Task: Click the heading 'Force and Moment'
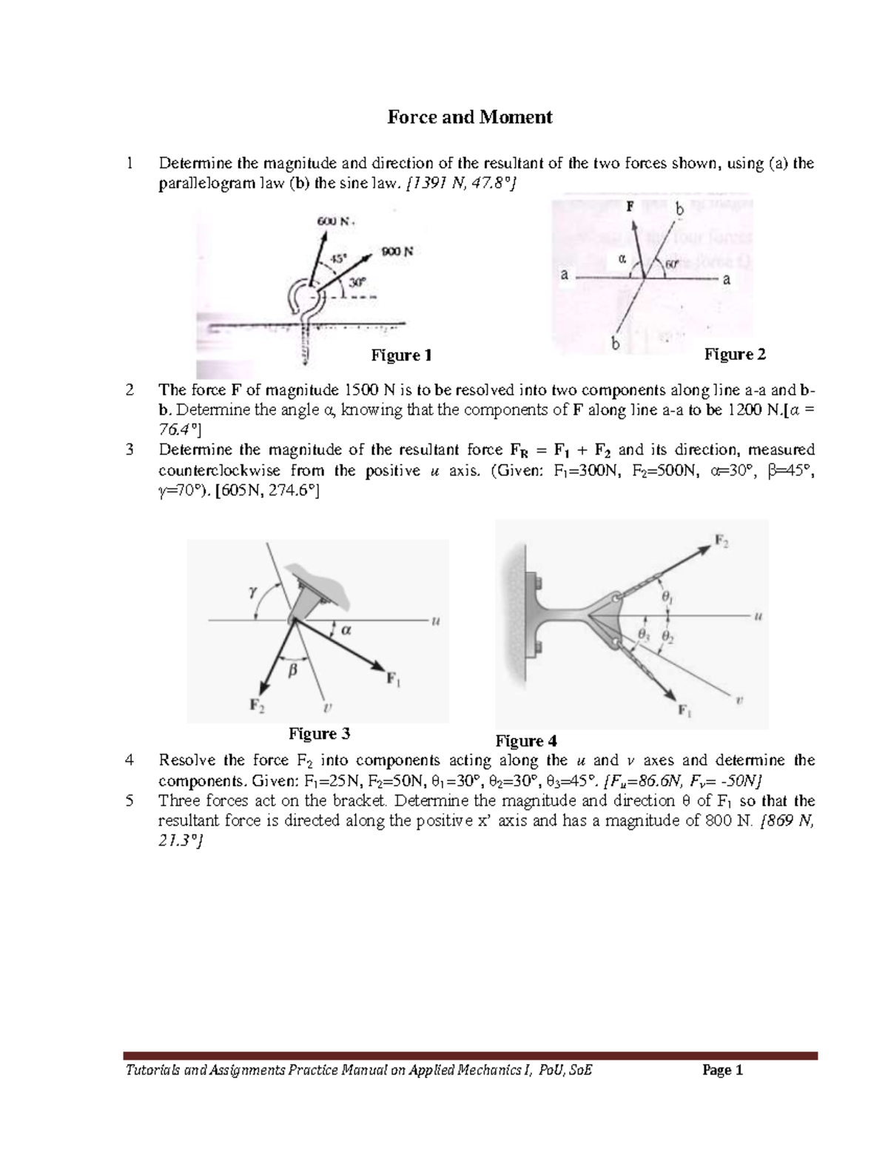[470, 117]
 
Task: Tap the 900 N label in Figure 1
[397, 251]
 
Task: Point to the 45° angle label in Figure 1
[337, 259]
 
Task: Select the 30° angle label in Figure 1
[357, 282]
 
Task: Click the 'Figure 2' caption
[735, 355]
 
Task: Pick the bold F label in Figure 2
[630, 207]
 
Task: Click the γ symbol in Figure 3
[251, 591]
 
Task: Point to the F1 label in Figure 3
[394, 678]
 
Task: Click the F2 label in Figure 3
[256, 704]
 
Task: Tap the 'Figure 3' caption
[319, 734]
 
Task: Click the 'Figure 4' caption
[526, 741]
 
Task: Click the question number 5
[130, 800]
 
